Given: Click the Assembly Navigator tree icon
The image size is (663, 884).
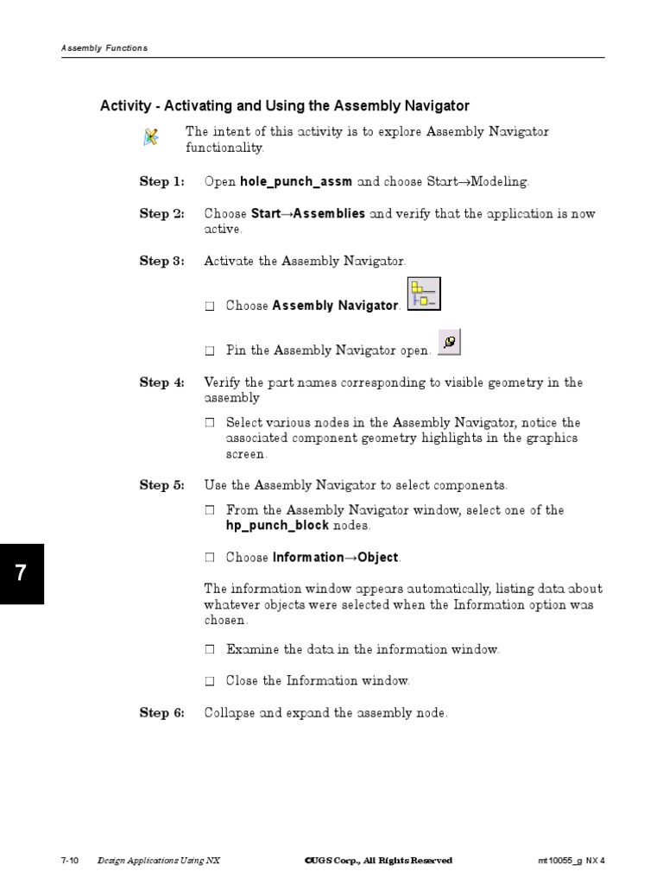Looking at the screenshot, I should coord(423,294).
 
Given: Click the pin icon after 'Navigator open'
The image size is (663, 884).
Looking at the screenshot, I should coord(449,342).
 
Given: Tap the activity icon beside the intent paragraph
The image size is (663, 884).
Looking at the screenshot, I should coord(151,136).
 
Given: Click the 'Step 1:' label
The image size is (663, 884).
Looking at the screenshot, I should coord(162,182).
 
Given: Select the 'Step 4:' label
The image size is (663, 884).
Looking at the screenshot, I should coord(162,382).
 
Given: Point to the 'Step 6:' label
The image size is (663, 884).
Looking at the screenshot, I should coord(162,713).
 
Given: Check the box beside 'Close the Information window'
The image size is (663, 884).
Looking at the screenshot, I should coord(210,681).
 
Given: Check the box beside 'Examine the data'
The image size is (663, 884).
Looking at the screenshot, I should coord(210,649).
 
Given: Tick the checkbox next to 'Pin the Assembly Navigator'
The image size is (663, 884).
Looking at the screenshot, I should coord(210,351).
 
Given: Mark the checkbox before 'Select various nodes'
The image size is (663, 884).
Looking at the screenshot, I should coord(210,423).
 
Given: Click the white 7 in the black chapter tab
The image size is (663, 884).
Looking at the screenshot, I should coord(21,574).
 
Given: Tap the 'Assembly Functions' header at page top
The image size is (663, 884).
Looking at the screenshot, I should coord(104,48).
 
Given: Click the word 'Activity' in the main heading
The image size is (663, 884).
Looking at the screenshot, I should coord(126,106).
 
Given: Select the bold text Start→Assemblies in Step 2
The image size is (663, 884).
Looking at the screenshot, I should coord(307,214).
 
